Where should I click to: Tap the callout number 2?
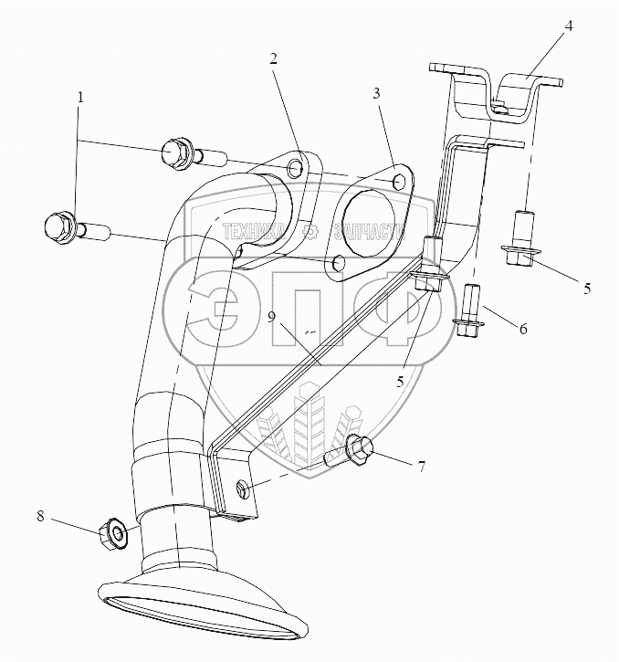273,58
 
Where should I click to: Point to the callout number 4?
569,26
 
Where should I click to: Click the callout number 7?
421,468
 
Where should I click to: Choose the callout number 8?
39,516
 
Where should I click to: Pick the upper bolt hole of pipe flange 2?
294,169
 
